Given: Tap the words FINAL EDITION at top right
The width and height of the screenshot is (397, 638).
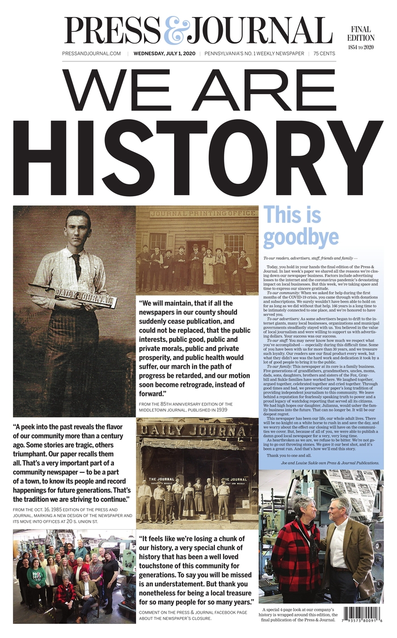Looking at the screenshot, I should point(361,33).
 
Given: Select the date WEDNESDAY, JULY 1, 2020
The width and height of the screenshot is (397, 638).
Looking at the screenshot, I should point(164,54).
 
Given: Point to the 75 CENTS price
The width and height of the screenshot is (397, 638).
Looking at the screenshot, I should point(323,54).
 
